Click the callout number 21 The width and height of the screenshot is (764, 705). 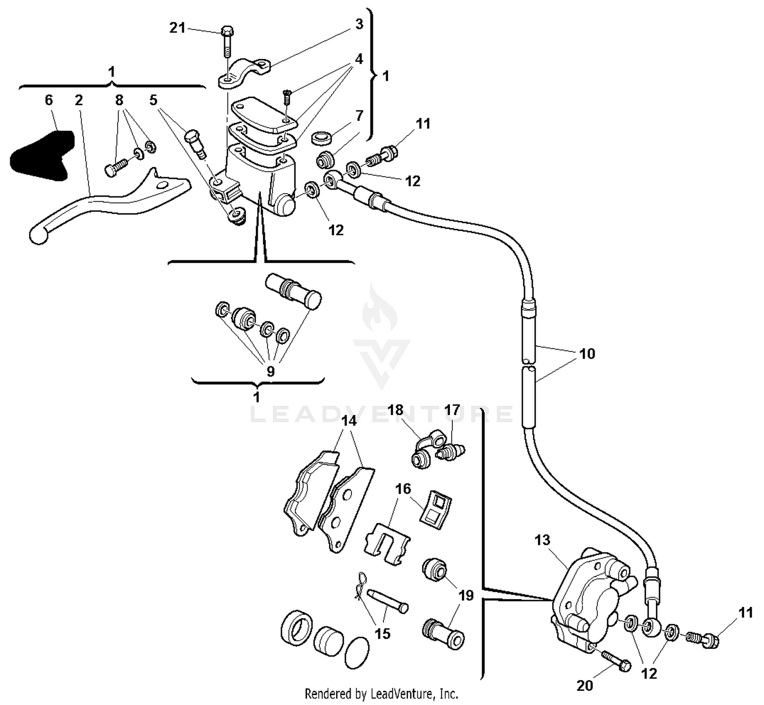tap(177, 28)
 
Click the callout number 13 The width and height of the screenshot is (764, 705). tap(542, 539)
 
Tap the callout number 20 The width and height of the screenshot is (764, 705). tap(585, 686)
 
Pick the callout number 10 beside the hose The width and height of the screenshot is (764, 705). tap(587, 354)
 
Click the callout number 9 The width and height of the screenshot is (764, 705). tap(270, 371)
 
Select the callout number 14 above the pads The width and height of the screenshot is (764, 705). tap(349, 421)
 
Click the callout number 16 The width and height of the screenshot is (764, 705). tap(403, 489)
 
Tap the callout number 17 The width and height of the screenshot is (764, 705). tap(452, 410)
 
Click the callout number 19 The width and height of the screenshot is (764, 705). tap(466, 595)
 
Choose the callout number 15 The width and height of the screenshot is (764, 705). tap(383, 633)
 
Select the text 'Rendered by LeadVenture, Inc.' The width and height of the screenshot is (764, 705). tap(381, 693)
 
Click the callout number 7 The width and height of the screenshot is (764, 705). tap(359, 116)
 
